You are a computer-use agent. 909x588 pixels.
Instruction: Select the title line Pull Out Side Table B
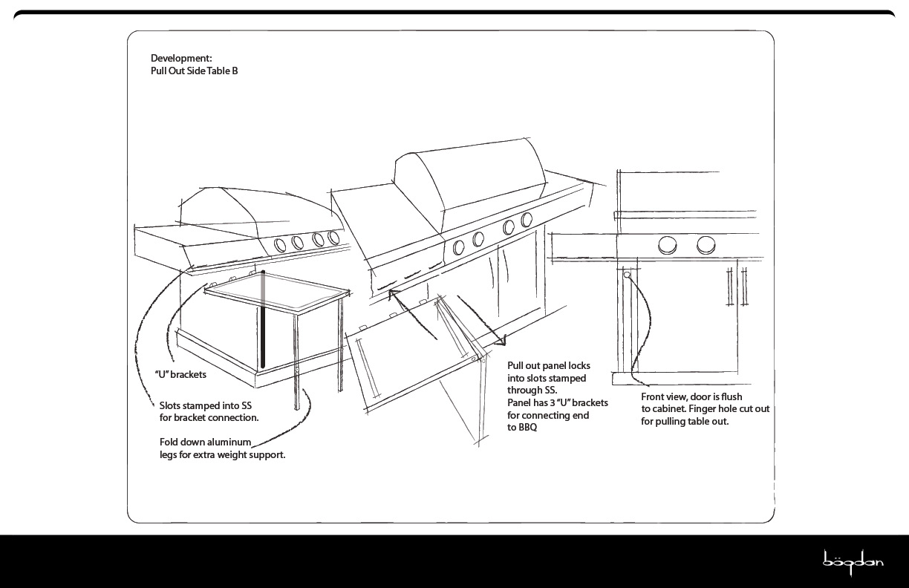click(194, 71)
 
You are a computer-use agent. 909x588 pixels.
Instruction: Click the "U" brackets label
click(180, 374)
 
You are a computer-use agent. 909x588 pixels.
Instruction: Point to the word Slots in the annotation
click(172, 405)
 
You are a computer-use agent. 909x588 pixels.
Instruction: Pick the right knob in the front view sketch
click(706, 244)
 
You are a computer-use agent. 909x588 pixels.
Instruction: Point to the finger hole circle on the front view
click(627, 275)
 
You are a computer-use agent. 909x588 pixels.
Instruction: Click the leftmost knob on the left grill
click(281, 245)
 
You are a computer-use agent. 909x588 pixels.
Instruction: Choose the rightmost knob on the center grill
click(527, 220)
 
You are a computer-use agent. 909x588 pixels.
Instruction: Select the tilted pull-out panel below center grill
click(416, 356)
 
